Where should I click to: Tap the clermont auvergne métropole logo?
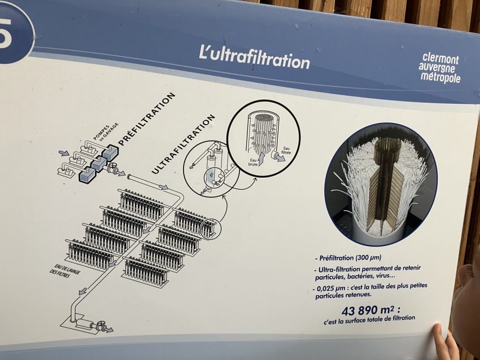pos(439,68)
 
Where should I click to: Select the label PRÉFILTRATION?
pos(147,119)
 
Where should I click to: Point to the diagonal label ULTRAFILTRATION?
pos(183,144)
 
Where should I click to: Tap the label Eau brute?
pos(254,162)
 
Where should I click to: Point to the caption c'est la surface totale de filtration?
pos(369,320)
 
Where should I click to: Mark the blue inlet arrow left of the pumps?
pos(64,152)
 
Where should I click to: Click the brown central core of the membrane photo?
pos(383,183)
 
